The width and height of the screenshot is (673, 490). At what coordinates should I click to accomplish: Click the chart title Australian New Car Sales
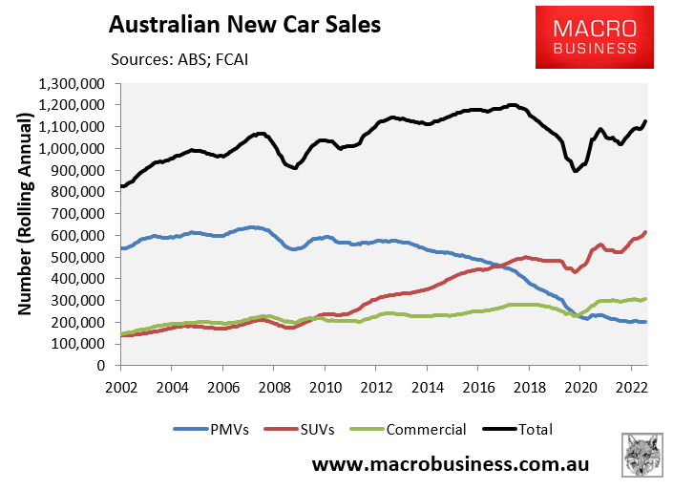pyautogui.click(x=244, y=24)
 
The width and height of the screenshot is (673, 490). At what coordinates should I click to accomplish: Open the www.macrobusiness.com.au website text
pyautogui.click(x=451, y=464)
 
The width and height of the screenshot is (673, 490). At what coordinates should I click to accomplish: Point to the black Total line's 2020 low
pyautogui.click(x=576, y=170)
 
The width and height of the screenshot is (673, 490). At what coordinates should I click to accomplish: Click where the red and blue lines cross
pyautogui.click(x=497, y=264)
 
